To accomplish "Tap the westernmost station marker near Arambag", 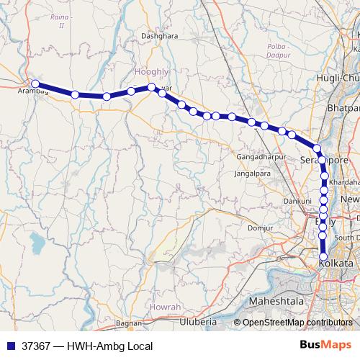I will [35, 84].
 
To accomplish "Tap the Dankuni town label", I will [297, 201].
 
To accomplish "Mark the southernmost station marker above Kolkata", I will [323, 256].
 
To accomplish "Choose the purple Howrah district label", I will [166, 306].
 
